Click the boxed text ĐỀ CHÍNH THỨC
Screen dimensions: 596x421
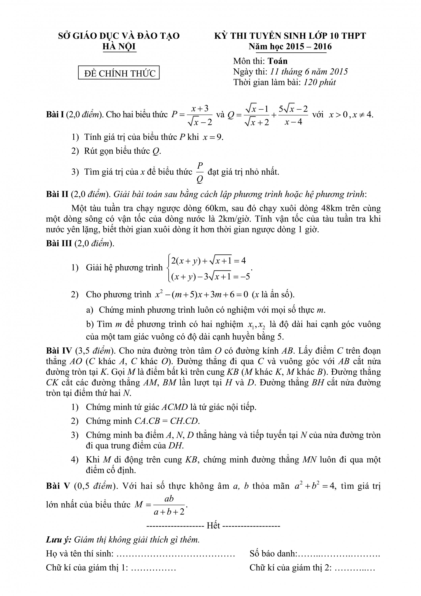click(119, 74)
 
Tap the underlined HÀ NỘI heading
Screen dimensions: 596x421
click(119, 47)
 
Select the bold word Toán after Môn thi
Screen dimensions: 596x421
click(278, 61)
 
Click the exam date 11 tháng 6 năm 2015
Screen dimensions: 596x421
click(309, 72)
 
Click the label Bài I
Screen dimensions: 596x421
click(55, 114)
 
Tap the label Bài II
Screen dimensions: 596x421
click(57, 194)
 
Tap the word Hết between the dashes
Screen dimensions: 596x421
click(213, 525)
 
